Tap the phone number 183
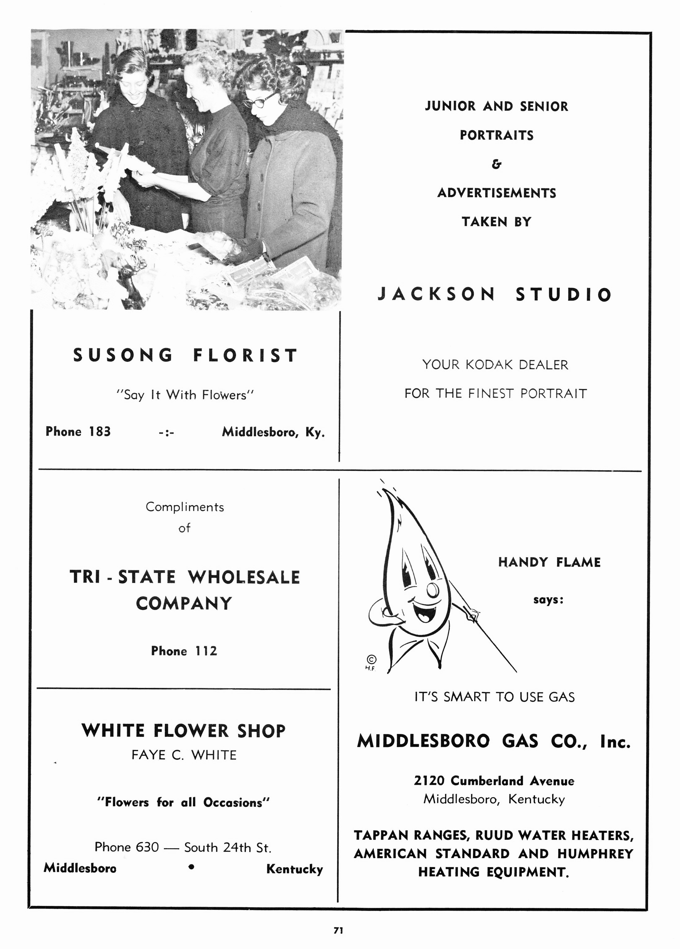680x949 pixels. (100, 431)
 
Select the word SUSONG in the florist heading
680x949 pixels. (123, 355)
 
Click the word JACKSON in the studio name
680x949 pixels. (436, 294)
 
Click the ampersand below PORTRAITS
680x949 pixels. (496, 164)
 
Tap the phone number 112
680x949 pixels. (206, 651)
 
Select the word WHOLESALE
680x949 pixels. (244, 577)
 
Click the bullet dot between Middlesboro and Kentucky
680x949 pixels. (191, 868)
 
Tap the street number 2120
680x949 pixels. (429, 781)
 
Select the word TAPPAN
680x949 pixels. (381, 835)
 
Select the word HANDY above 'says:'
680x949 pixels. (523, 562)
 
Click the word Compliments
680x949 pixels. (185, 507)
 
